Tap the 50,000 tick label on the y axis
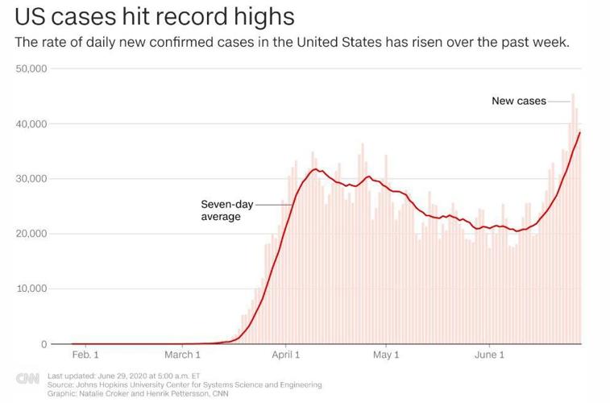click(x=32, y=69)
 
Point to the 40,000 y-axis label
click(x=32, y=124)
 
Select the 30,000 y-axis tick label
click(x=32, y=179)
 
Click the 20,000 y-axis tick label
click(x=32, y=234)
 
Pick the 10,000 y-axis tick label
click(x=32, y=289)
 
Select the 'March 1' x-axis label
click(x=182, y=355)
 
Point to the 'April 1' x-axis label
click(x=286, y=355)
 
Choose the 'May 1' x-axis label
click(x=386, y=355)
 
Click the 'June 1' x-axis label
click(x=489, y=355)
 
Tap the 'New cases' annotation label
click(x=519, y=102)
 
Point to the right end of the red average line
click(x=580, y=133)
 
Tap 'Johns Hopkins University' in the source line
click(x=118, y=385)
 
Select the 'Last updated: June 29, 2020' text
click(x=108, y=376)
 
